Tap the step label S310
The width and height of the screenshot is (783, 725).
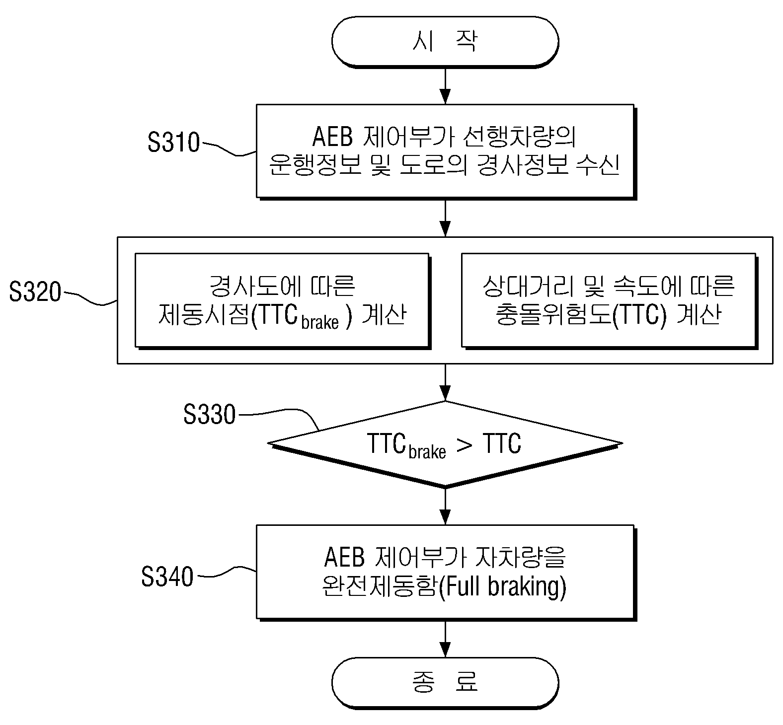click(x=173, y=143)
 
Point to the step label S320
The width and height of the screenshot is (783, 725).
click(x=35, y=291)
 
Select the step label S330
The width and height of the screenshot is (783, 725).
click(x=209, y=414)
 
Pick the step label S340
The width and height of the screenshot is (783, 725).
click(x=167, y=577)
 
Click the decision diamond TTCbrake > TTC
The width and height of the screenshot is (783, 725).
click(x=445, y=444)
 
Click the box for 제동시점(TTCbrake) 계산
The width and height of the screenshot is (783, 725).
click(x=282, y=300)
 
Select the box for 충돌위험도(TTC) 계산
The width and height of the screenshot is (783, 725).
click(x=609, y=300)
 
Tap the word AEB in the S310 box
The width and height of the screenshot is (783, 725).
click(x=332, y=137)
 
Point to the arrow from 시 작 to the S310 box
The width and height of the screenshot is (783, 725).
click(x=445, y=85)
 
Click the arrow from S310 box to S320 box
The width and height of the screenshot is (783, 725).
click(x=445, y=218)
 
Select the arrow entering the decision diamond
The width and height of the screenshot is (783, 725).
click(x=445, y=382)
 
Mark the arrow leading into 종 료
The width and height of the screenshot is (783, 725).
click(x=445, y=639)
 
